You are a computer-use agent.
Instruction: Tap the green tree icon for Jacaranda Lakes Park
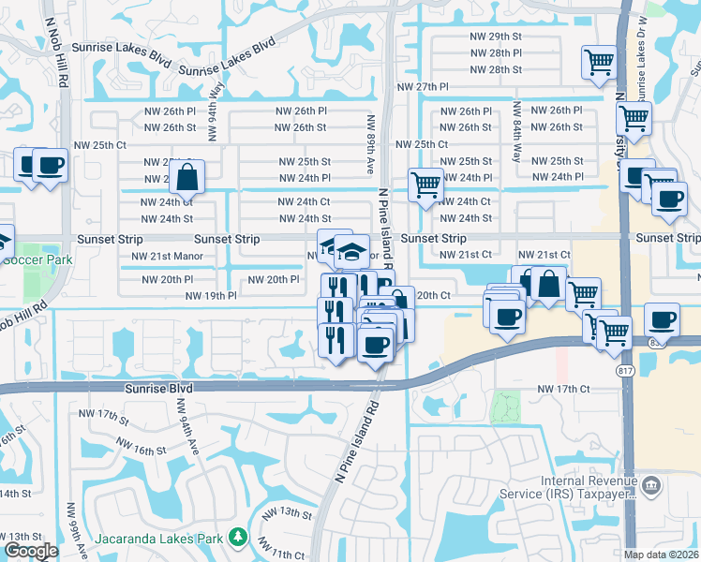[239, 537]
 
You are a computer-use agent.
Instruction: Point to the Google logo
[31, 551]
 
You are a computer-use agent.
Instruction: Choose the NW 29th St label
[496, 36]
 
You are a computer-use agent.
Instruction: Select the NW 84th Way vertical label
[516, 141]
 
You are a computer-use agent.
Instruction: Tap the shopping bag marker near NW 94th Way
[187, 175]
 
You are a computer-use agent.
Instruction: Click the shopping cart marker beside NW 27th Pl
[599, 64]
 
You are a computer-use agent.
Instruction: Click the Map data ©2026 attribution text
[660, 555]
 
